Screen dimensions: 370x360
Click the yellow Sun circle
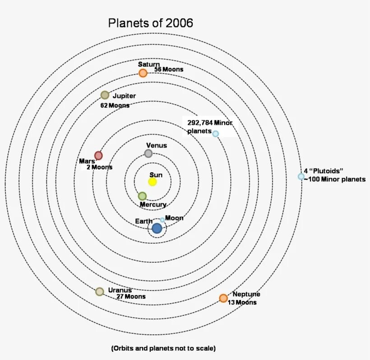tap(153, 182)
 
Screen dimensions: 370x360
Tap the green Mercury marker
tap(142, 196)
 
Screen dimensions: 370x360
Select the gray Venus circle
tap(148, 153)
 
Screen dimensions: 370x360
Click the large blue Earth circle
tap(157, 228)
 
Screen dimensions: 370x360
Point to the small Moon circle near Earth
tap(162, 220)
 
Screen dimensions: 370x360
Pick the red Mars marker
tap(98, 156)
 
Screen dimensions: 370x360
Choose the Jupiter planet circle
tap(105, 95)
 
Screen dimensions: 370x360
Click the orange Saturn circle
tap(143, 73)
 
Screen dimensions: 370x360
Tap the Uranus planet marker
tap(100, 291)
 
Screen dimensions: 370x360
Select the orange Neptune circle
tap(223, 298)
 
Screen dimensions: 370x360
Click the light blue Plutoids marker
tap(301, 176)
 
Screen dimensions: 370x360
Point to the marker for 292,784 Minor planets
tap(216, 134)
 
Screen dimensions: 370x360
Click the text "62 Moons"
tap(115, 106)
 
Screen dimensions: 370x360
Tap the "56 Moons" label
tap(169, 69)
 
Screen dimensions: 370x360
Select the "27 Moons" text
tap(131, 297)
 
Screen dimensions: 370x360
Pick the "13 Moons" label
tap(242, 302)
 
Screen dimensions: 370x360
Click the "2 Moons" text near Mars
tap(99, 167)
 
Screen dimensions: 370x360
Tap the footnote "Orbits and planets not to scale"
tap(163, 348)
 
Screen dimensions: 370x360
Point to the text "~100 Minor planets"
tap(334, 179)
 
